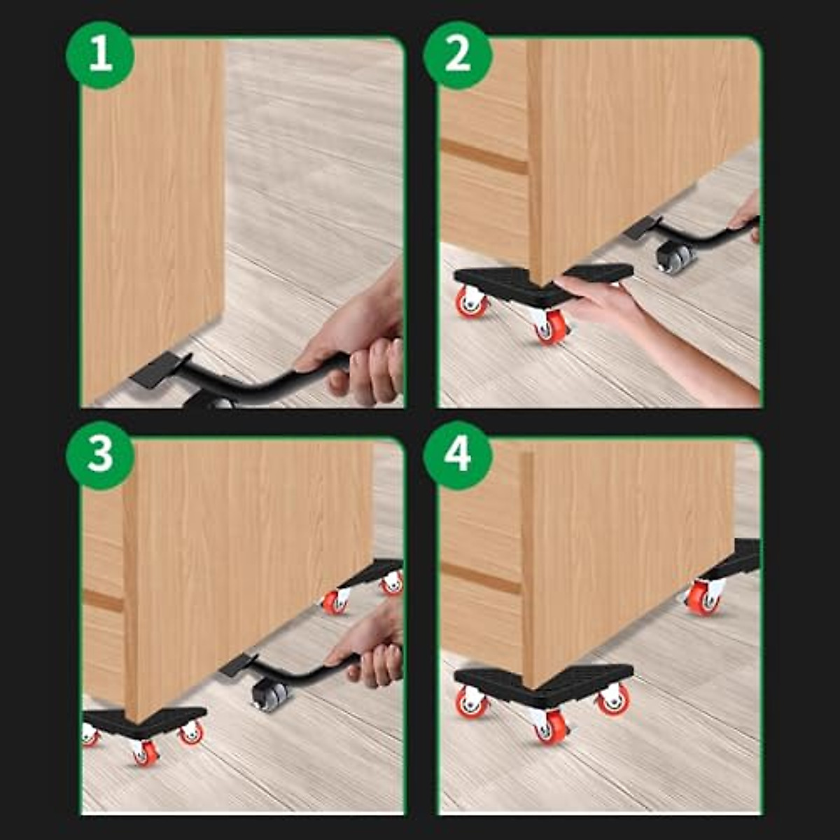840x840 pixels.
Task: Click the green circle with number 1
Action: (x=100, y=55)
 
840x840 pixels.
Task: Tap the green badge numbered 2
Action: (x=458, y=55)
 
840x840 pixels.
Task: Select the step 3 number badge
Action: (x=100, y=455)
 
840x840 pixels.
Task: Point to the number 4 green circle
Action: (x=458, y=455)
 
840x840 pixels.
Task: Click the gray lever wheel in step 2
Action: (x=675, y=257)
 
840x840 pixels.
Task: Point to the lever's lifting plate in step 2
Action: (x=642, y=227)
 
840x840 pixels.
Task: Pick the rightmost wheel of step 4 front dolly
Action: (x=614, y=700)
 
